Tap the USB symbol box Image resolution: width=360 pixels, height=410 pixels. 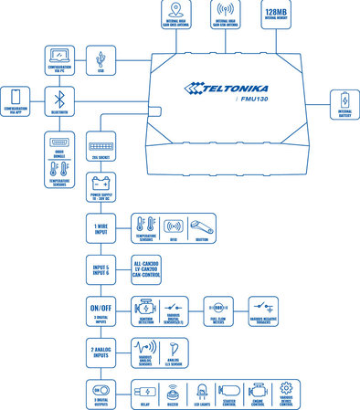point(100,57)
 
